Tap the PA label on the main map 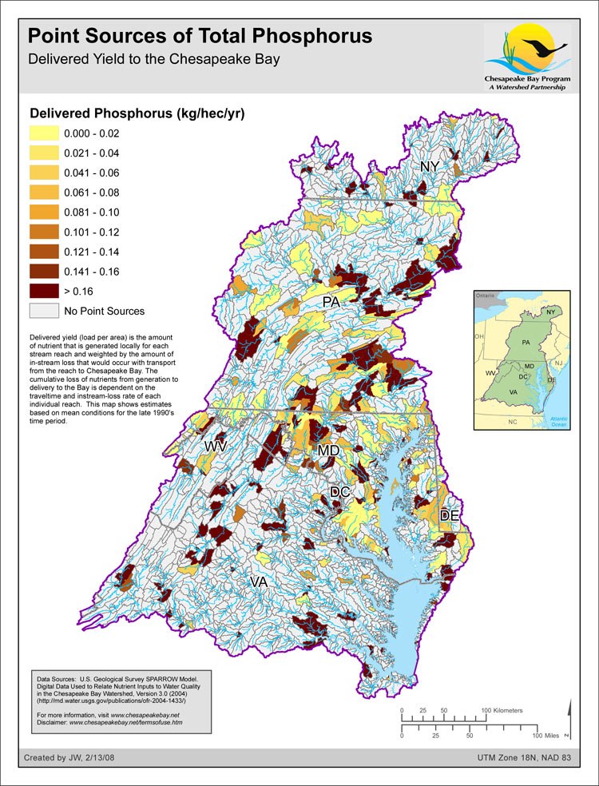333,302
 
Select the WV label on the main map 216,446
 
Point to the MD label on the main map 328,451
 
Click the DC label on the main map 340,492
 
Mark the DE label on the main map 450,516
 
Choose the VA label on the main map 258,582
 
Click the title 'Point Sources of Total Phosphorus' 200,36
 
